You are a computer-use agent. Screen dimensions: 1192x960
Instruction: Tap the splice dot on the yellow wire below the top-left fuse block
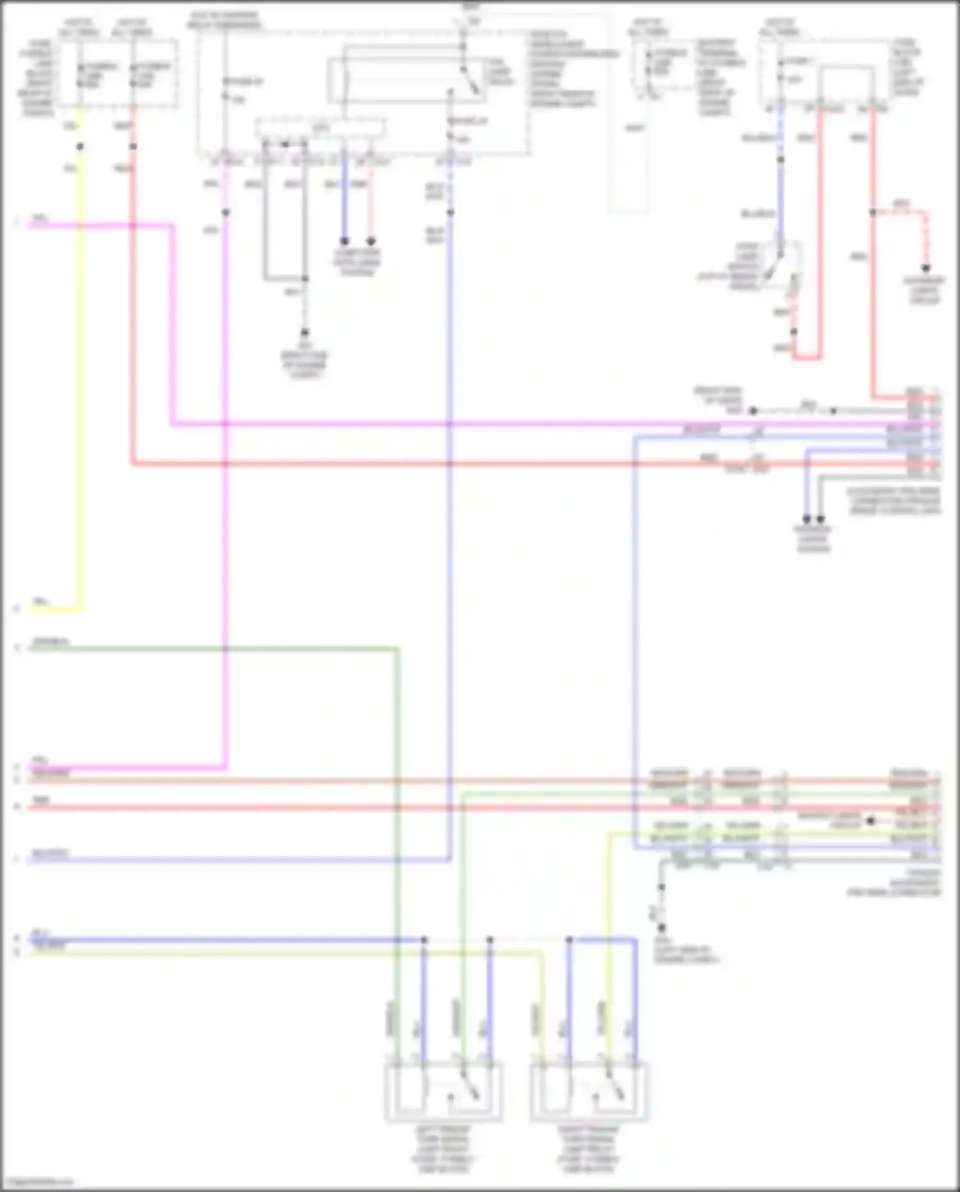pos(80,147)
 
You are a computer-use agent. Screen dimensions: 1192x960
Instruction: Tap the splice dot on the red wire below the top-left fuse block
pos(132,147)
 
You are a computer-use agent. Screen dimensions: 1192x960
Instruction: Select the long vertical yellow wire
pos(80,384)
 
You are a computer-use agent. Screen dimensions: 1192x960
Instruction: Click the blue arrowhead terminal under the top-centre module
pos(344,241)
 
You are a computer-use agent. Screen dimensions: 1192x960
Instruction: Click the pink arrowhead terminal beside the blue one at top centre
pos(371,241)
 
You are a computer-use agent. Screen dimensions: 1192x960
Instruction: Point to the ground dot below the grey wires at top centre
pos(305,332)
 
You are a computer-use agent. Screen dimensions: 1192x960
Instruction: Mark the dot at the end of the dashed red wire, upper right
pos(925,268)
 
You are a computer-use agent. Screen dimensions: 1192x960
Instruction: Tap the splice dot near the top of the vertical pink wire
pos(225,212)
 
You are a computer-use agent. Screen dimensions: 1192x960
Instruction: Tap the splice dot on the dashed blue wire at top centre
pos(451,212)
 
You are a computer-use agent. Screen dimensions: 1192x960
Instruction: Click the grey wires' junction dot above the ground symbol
pos(305,279)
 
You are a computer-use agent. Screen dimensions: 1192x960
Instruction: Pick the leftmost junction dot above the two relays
pos(424,940)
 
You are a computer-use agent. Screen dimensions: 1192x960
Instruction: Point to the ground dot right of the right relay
pos(662,927)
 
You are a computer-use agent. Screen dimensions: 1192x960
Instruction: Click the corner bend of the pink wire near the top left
pos(172,225)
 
